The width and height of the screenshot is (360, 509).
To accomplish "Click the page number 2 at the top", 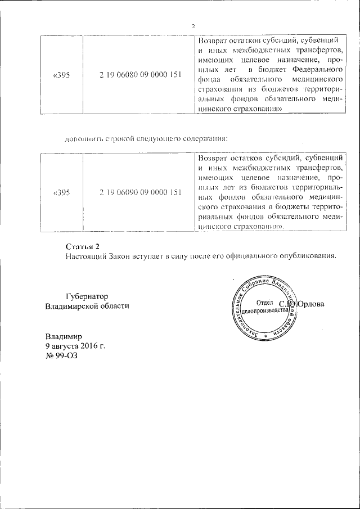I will click(x=192, y=26).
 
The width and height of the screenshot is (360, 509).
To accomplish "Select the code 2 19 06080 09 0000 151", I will click(x=139, y=75).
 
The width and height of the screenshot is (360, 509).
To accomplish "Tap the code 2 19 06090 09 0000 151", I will click(x=139, y=192).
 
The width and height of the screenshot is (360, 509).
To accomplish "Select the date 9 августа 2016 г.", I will click(x=75, y=346).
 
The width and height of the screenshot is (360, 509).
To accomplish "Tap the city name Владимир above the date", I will click(x=64, y=336).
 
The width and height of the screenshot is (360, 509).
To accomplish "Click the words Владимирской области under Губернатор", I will click(x=87, y=306).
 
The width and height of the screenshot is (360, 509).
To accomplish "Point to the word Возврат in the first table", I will click(x=212, y=40).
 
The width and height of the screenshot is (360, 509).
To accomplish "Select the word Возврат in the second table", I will click(x=212, y=157).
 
